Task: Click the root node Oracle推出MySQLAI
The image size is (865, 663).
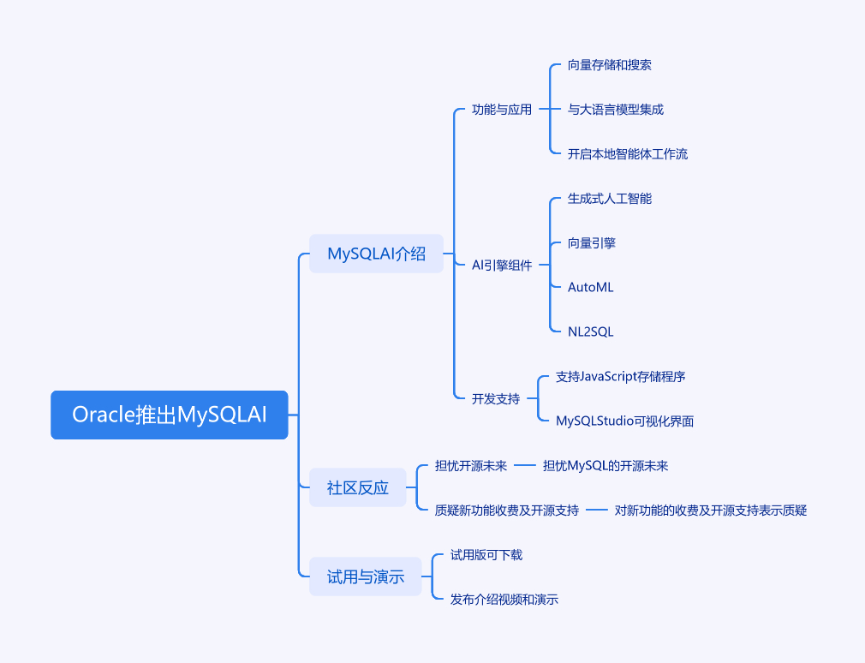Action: [x=170, y=415]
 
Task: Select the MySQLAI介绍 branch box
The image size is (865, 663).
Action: [x=376, y=254]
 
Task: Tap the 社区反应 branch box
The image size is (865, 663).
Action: [x=358, y=487]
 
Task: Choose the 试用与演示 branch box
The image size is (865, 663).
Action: [x=366, y=576]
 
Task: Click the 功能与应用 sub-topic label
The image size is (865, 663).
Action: [x=502, y=110]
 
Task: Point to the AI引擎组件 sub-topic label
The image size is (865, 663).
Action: [x=502, y=266]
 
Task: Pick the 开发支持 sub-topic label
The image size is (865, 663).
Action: [x=496, y=398]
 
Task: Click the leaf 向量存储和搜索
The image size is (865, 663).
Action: [x=610, y=65]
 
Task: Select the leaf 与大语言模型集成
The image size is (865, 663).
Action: [x=616, y=110]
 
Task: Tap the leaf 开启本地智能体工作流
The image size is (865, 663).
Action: [x=628, y=154]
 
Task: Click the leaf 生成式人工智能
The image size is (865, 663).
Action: [x=610, y=199]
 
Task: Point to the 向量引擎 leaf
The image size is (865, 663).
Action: [x=592, y=243]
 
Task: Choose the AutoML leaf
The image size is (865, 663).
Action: [x=591, y=288]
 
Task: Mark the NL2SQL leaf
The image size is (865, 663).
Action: [x=591, y=332]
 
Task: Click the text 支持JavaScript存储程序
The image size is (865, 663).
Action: [x=621, y=376]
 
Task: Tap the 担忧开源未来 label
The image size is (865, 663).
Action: [x=471, y=465]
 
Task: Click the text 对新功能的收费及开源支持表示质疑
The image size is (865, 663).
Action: [x=711, y=510]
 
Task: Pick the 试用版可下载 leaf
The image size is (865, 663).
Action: [x=486, y=554]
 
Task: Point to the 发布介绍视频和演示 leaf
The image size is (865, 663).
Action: [x=504, y=599]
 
